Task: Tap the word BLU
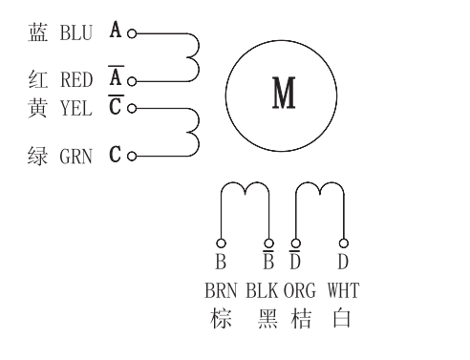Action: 75,32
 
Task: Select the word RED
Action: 76,80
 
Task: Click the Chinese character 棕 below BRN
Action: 221,318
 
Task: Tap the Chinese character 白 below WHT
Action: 342,318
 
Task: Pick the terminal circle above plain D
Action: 342,243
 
